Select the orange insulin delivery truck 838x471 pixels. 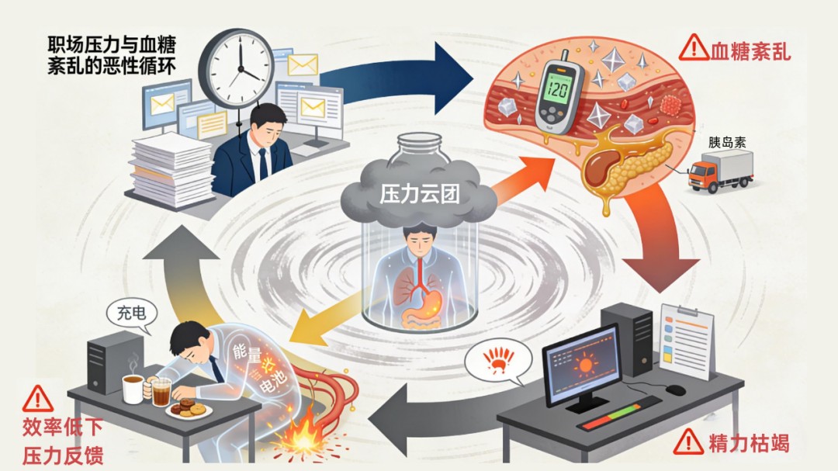pos(720,171)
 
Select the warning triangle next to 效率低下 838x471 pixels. pos(37,399)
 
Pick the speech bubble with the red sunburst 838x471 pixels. pos(500,362)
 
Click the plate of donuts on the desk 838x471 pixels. pos(189,409)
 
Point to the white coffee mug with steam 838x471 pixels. pos(133,387)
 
